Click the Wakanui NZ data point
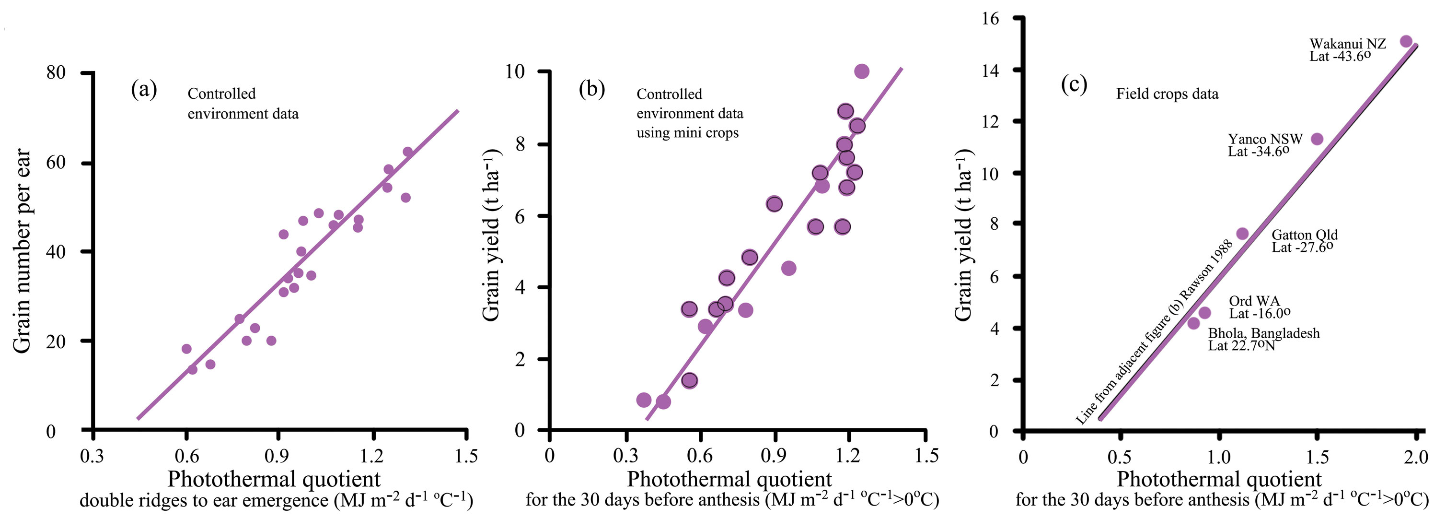(1406, 42)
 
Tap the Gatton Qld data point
(1242, 234)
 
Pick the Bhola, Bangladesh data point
(1193, 323)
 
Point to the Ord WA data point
(1204, 313)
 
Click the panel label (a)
(144, 89)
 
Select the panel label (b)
(591, 89)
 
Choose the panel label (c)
(1074, 84)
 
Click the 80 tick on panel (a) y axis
(56, 72)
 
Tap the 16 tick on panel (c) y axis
(991, 19)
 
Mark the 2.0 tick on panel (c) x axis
(1416, 457)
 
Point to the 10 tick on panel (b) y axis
(515, 71)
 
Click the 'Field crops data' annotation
(1167, 94)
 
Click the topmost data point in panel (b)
(862, 71)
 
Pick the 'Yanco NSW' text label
(1265, 139)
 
